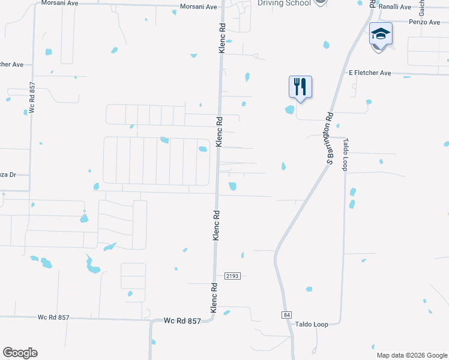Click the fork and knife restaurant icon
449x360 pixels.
[300, 87]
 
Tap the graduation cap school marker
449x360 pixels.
[381, 35]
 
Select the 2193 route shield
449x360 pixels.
[233, 276]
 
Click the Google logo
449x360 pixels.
[20, 353]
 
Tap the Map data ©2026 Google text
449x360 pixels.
[411, 355]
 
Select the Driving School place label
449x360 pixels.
[284, 3]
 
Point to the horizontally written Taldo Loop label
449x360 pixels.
[312, 324]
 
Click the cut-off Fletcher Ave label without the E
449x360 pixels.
[12, 64]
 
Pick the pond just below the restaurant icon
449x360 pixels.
[290, 110]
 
